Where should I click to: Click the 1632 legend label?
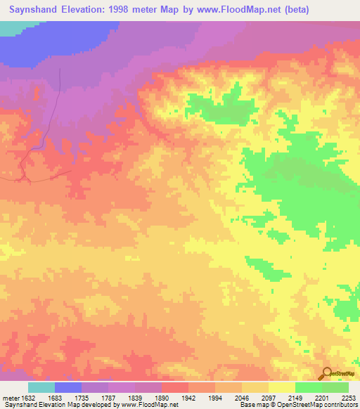coord(26,398)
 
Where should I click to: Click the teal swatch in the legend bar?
coord(41,387)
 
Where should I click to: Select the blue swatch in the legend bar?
coord(68,387)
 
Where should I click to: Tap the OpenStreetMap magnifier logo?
coord(326,373)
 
